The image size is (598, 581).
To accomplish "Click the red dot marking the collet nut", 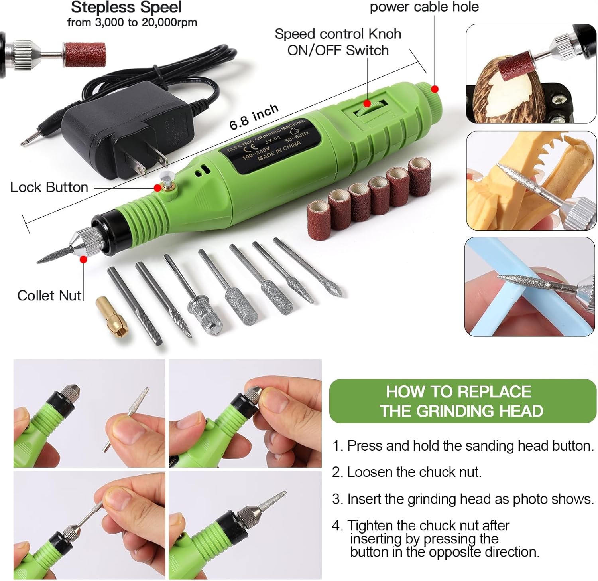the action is [x=83, y=260].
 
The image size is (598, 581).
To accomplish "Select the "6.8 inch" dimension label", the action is [x=254, y=117].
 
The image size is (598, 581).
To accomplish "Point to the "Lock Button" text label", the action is [x=49, y=187].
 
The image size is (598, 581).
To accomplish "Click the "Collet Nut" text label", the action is [x=49, y=296].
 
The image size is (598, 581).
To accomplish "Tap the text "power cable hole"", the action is [x=424, y=7].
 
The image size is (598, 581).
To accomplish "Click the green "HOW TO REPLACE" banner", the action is [x=462, y=401].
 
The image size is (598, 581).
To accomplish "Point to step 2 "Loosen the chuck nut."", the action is [x=407, y=472].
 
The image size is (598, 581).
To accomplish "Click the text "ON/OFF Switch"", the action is [x=338, y=51].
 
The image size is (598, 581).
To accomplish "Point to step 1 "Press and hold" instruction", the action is [x=463, y=446].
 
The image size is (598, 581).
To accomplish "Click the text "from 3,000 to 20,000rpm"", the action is [x=132, y=22].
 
